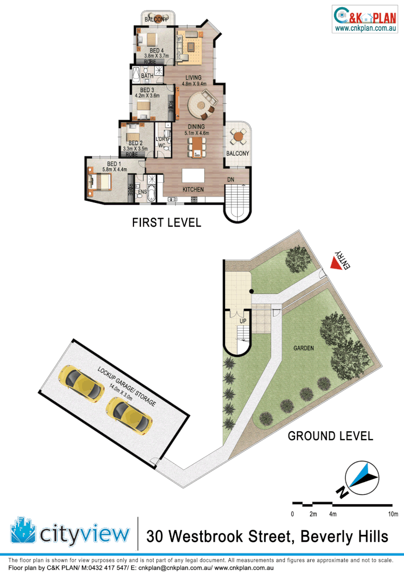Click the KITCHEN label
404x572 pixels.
click(193, 190)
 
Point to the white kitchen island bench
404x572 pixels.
click(193, 175)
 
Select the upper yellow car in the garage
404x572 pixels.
click(81, 383)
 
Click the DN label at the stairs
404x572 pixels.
click(231, 180)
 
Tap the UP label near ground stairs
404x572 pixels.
click(243, 321)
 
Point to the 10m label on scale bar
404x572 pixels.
click(392, 514)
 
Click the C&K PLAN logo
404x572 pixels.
click(364, 19)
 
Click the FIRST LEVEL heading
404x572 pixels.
click(166, 223)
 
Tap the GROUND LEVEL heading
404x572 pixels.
click(330, 436)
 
